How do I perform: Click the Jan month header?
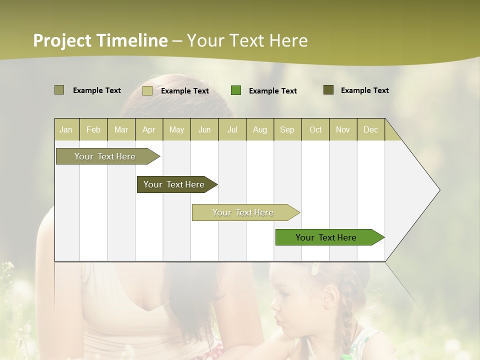point(66,129)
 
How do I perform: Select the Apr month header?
point(149,129)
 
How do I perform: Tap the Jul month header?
point(232,129)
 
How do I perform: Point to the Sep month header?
point(287,129)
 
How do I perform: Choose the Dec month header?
point(370,129)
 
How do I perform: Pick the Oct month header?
point(315,129)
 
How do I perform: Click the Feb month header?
point(93,129)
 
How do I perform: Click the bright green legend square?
point(236,90)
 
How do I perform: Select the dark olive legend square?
point(328,90)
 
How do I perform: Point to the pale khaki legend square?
point(147,90)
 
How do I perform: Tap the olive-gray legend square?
point(59,90)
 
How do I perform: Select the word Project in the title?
point(62,40)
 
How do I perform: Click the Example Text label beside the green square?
point(272,90)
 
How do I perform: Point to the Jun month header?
point(204,129)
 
